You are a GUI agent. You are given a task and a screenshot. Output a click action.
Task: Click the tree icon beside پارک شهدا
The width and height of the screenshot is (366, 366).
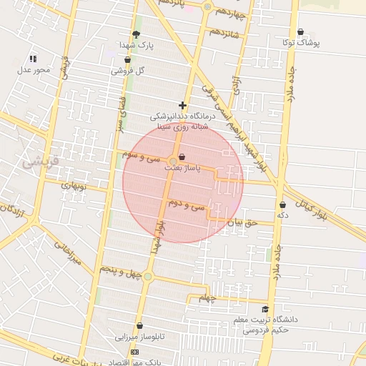point(137,34)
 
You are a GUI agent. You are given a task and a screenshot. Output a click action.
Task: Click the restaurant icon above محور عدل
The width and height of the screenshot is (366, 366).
point(32,59)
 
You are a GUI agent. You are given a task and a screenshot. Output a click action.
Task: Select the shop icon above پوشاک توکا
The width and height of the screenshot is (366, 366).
point(300,32)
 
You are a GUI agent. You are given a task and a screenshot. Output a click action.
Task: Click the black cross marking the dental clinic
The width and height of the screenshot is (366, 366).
point(183,105)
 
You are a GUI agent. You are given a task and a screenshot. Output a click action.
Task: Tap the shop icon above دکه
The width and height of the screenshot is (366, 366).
point(282,205)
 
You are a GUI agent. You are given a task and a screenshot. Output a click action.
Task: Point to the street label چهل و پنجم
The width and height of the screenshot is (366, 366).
point(114,271)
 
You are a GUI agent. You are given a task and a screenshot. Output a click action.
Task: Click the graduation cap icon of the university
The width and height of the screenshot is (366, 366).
point(266,310)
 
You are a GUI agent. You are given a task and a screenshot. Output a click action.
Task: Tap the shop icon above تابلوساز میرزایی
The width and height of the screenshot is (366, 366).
point(140,326)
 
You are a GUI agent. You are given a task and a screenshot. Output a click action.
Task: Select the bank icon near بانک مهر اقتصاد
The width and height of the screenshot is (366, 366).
point(134,352)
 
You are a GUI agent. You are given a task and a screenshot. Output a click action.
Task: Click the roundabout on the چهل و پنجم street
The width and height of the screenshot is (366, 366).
point(148,276)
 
